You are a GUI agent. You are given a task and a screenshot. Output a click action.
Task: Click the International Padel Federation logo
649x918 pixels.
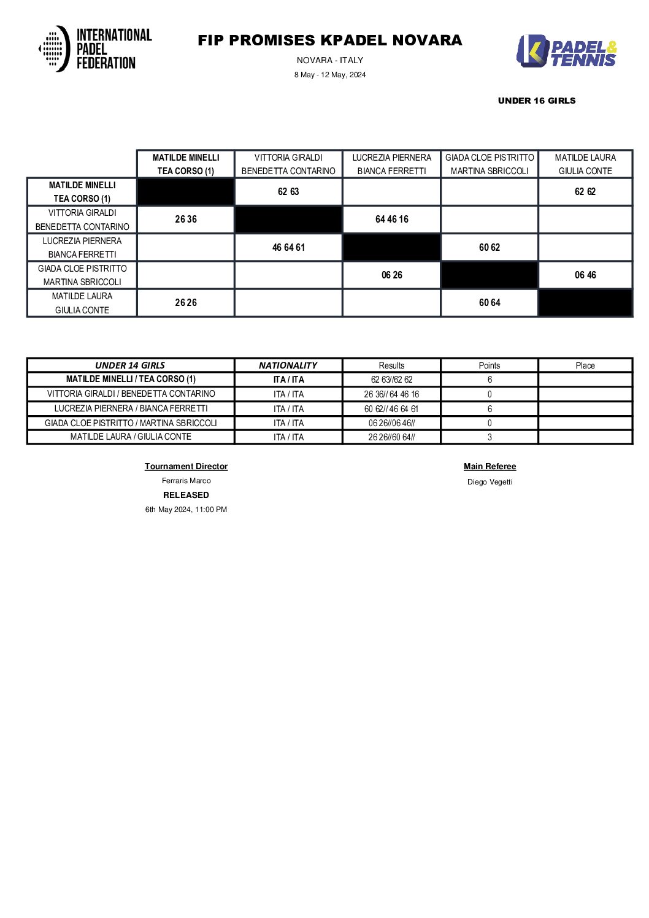(95, 48)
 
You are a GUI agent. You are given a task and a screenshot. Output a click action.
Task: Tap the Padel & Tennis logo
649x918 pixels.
(566, 51)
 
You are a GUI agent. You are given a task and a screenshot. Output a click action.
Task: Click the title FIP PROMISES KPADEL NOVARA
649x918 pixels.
(329, 40)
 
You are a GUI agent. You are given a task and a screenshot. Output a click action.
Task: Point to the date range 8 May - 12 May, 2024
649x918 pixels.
(329, 75)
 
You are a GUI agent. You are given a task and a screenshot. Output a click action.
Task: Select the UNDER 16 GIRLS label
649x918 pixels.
(537, 101)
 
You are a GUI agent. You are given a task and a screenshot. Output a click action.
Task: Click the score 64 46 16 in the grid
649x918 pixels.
(391, 220)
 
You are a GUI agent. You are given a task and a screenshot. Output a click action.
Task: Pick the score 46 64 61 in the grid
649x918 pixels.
(288, 248)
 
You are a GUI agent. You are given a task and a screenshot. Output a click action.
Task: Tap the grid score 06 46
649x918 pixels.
(585, 275)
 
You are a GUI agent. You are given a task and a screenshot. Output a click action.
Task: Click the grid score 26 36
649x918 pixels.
(185, 220)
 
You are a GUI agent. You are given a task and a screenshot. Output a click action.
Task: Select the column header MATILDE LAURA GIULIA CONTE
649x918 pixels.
(585, 164)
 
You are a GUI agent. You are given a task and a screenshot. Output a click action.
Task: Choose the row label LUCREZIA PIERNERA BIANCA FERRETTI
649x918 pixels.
(82, 248)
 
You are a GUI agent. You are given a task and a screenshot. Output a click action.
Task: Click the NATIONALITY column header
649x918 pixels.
(288, 365)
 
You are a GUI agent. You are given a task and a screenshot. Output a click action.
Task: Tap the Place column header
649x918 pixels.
(585, 365)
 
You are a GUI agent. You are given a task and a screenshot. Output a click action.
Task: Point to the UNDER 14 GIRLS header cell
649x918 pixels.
(130, 365)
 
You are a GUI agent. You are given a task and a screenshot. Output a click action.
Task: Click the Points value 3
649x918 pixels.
(489, 437)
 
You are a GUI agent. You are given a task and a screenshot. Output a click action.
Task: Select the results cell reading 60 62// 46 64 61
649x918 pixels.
(391, 409)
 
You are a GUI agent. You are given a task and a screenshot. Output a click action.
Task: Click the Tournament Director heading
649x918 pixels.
(186, 467)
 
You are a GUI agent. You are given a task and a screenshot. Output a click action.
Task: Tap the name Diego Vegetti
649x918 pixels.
(490, 482)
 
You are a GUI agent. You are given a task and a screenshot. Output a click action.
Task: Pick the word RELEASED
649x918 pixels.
(186, 495)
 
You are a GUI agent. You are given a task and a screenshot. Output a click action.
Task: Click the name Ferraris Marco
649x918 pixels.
(186, 481)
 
